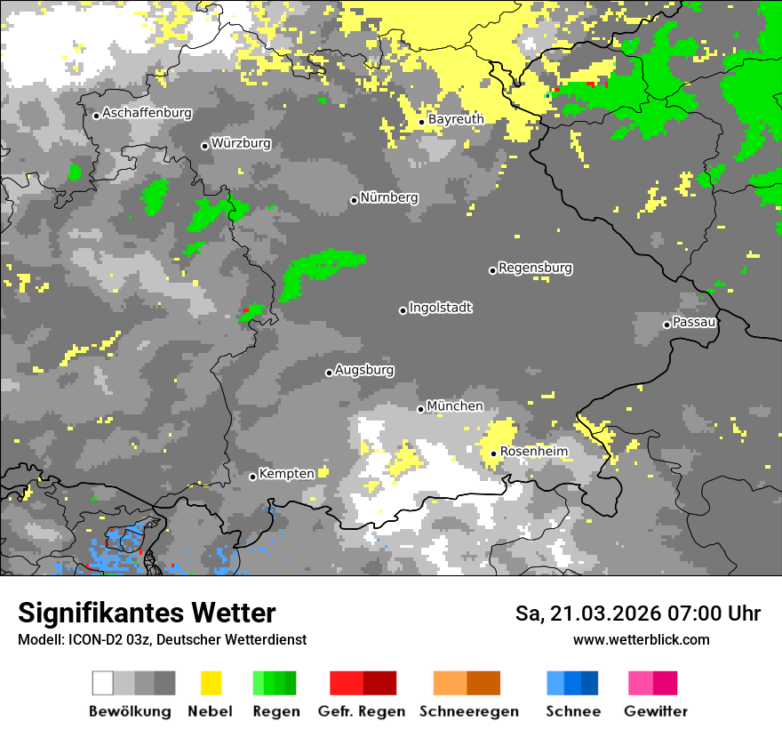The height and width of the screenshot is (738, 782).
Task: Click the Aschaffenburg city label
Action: coord(147,114)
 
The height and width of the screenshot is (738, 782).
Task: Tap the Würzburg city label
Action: coord(241,144)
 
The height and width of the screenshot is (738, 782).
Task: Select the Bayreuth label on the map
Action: coord(456,119)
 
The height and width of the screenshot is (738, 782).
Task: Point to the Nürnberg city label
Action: coord(389,198)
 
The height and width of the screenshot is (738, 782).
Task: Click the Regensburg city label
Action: coord(535,269)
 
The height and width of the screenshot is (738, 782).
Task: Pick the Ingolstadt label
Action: coord(441,309)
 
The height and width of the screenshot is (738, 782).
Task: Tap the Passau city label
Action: coord(695,323)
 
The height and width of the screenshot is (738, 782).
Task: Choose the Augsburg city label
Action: coord(364,371)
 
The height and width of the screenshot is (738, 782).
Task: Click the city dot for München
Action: coord(421,409)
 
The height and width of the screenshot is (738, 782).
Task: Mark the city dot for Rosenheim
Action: coord(494,453)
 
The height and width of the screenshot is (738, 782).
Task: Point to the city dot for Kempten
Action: coord(253,477)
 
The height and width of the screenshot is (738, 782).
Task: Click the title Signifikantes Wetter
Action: coord(147,614)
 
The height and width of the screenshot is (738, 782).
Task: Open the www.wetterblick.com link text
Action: coord(641,640)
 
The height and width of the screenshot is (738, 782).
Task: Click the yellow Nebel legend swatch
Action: coord(211,683)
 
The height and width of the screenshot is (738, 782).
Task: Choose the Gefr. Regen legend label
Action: coord(362,711)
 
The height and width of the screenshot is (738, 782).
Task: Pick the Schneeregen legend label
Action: coord(469,711)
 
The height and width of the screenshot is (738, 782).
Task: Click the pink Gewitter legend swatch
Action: coord(641,683)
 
